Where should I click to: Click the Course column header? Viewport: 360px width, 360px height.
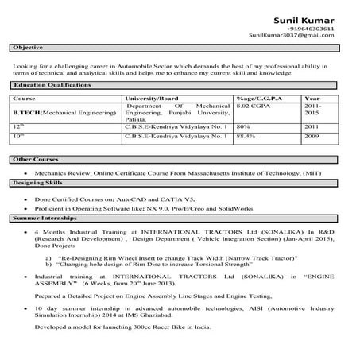pos(25,98)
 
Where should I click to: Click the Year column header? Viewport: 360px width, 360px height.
pos(312,98)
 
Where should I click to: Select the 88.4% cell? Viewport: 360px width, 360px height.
pos(246,135)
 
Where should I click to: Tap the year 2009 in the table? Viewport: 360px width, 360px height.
pos(312,135)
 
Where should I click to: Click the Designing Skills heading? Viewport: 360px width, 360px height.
pos(40,182)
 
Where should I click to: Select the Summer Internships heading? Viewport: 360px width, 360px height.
pos(45,217)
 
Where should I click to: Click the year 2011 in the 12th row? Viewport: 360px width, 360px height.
pos(312,126)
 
